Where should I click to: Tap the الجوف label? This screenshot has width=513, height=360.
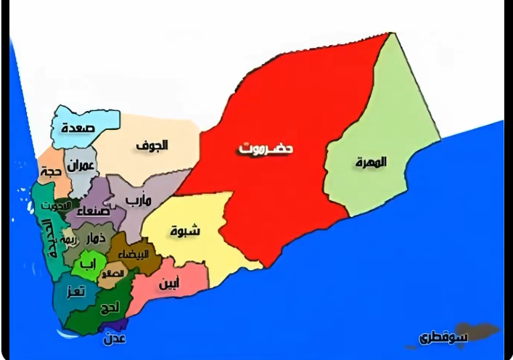(152, 145)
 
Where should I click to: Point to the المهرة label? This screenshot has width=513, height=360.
(370, 162)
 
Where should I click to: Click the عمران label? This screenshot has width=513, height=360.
(81, 166)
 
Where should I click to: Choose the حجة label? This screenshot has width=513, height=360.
(49, 172)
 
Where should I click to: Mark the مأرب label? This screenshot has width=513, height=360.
(139, 199)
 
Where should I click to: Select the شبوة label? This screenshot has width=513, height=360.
(185, 232)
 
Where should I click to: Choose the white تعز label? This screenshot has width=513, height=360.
(74, 292)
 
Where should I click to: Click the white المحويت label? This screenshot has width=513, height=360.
(52, 205)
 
